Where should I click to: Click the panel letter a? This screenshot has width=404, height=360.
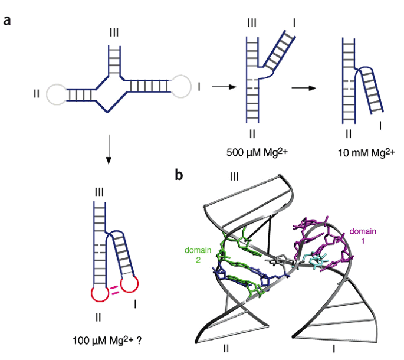point(8,21)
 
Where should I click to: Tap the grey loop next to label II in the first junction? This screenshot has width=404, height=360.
point(57,94)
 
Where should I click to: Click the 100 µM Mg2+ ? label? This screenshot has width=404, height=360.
point(103,341)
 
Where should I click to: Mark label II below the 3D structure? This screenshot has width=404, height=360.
point(226,348)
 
